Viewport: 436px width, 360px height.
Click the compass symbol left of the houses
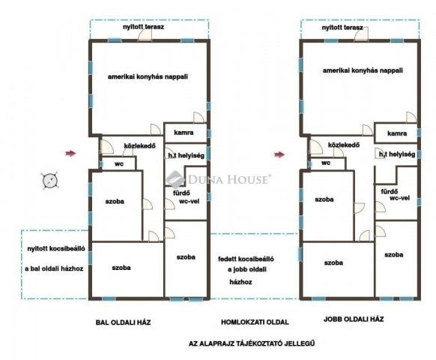pyautogui.click(x=50, y=181)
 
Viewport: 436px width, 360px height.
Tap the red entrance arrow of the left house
pyautogui.click(x=70, y=153)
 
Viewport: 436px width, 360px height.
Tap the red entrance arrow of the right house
pyautogui.click(x=279, y=154)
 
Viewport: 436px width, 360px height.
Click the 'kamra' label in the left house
pyautogui.click(x=184, y=133)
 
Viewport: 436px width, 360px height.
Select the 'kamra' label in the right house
pyautogui.click(x=397, y=133)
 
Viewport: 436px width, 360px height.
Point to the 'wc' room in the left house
pyautogui.click(x=119, y=163)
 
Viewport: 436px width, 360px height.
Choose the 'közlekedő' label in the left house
pyautogui.click(x=139, y=146)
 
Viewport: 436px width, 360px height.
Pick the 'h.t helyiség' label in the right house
pyautogui.click(x=397, y=154)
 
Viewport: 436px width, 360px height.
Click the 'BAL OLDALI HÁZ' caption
pyautogui.click(x=123, y=322)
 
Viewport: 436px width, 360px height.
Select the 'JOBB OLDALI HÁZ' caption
pyautogui.click(x=354, y=319)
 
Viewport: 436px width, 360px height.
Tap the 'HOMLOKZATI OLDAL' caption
pyautogui.click(x=255, y=322)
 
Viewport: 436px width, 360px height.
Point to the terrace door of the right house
pyautogui.click(x=361, y=34)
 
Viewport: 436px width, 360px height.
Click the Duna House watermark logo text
pyautogui.click(x=228, y=179)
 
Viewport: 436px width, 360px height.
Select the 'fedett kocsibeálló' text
pyautogui.click(x=246, y=259)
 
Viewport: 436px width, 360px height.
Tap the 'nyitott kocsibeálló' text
pyautogui.click(x=56, y=249)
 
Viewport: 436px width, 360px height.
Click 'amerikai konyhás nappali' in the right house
pyautogui.click(x=363, y=70)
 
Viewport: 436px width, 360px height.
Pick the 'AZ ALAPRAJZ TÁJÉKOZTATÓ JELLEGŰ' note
pyautogui.click(x=252, y=343)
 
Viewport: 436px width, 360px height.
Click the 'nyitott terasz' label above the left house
pyautogui.click(x=144, y=27)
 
